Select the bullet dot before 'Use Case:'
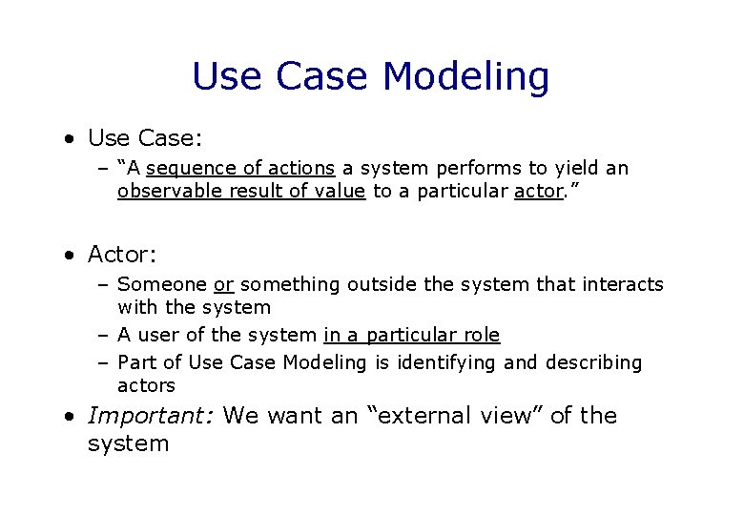(x=71, y=139)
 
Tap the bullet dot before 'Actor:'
(x=71, y=256)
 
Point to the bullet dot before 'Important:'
(x=71, y=417)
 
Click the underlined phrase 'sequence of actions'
(x=240, y=168)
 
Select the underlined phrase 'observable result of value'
(x=241, y=191)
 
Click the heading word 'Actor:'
(x=121, y=255)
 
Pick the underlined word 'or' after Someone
(x=224, y=284)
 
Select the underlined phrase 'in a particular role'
(x=412, y=335)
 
